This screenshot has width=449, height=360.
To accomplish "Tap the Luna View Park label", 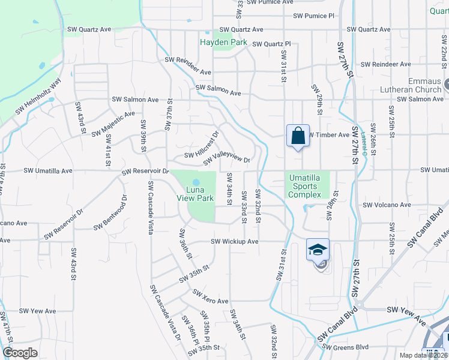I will pos(196,194).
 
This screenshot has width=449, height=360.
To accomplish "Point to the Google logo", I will pos(20,353).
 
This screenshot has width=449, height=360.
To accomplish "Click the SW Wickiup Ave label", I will pos(234,242).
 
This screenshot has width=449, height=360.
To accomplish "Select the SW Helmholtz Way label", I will pos(38,98).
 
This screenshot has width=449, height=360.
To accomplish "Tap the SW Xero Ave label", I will pos(211,297).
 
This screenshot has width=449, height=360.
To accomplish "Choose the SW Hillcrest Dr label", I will pos(202,145).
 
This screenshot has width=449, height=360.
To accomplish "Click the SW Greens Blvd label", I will pos(345,346).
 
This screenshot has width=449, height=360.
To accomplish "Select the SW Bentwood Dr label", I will pos(110,213).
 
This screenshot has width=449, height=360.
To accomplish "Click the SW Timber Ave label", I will pos(328,135).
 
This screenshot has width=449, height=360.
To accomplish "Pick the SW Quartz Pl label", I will pos(271,44).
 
